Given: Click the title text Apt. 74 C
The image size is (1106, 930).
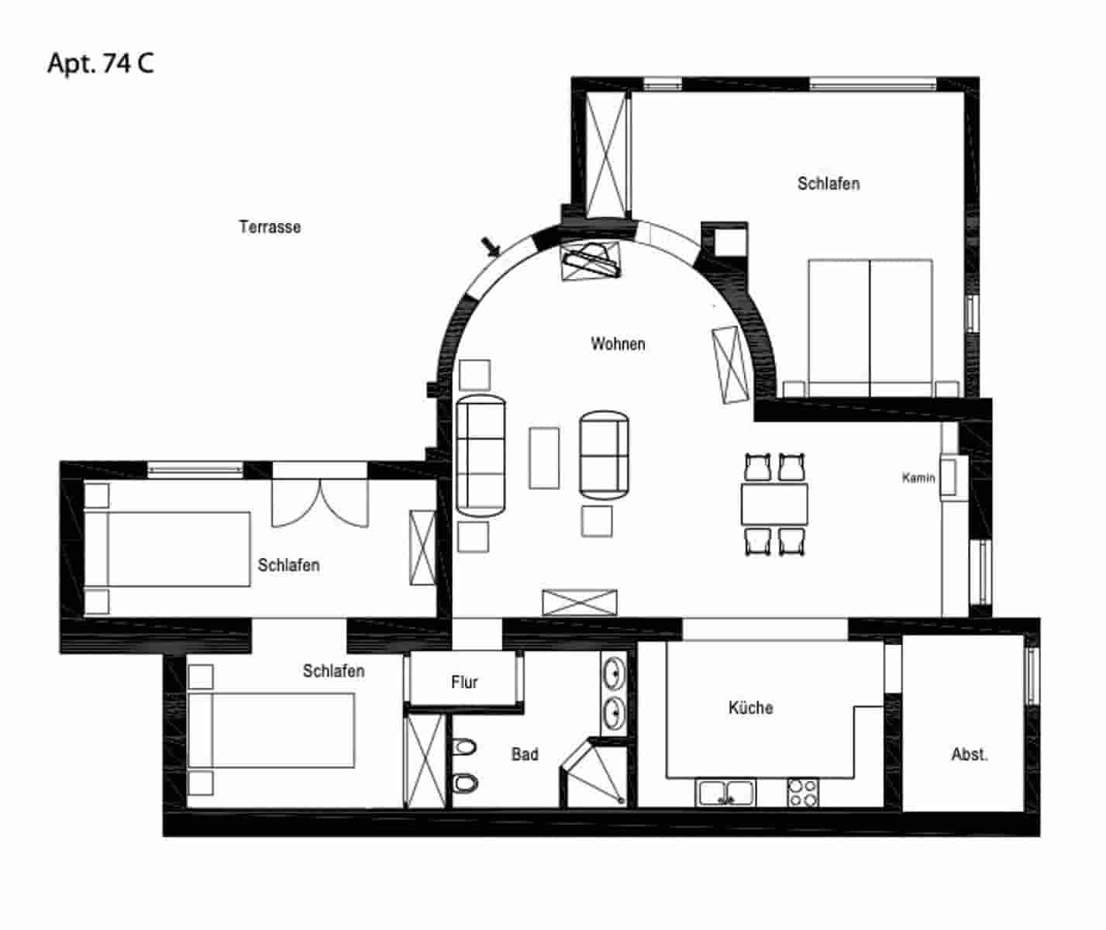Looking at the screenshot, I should pos(101,63).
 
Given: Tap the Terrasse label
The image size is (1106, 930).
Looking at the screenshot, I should pos(270,227).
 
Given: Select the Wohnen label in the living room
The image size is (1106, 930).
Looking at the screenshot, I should pos(618,344).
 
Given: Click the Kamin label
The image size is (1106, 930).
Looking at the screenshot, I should pos(918,478).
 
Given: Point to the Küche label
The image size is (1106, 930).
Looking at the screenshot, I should pos(750,708).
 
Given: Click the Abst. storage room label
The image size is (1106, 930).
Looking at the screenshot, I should pos(970,754).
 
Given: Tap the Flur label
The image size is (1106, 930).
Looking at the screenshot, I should pos(464,682).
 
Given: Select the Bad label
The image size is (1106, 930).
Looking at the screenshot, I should pos(525,754).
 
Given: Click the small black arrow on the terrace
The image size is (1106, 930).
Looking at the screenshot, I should pos(491,247).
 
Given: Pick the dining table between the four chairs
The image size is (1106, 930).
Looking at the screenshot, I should pos(774,504).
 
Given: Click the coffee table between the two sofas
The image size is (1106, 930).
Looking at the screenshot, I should pos(544,457).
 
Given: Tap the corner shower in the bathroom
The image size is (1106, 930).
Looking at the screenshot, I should pos(594,775).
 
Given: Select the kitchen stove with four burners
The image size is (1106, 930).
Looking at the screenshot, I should pos(802,793).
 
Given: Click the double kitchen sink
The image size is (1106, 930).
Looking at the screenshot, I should pos(726,793).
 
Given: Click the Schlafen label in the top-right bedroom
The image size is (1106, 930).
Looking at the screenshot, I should pos(829,184).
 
